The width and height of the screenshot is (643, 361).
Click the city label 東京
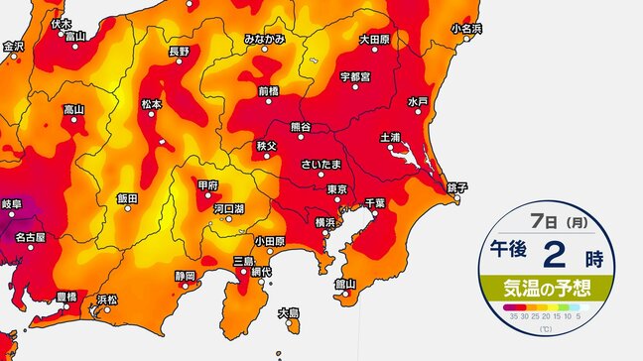point(335,188)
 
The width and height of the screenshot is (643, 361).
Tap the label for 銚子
point(456,186)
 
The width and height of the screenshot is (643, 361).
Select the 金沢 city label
point(13,46)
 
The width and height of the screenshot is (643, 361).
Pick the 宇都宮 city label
point(354,76)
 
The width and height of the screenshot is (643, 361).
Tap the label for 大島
point(289,311)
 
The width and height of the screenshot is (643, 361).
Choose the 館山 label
point(345,283)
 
